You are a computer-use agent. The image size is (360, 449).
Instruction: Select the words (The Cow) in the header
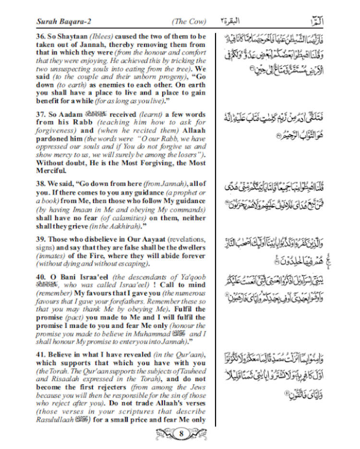(x=189, y=21)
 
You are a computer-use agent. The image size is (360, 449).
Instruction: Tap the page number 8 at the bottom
(x=181, y=435)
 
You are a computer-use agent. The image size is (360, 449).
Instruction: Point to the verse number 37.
(x=41, y=115)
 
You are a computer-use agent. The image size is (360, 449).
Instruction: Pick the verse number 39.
(x=41, y=239)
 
